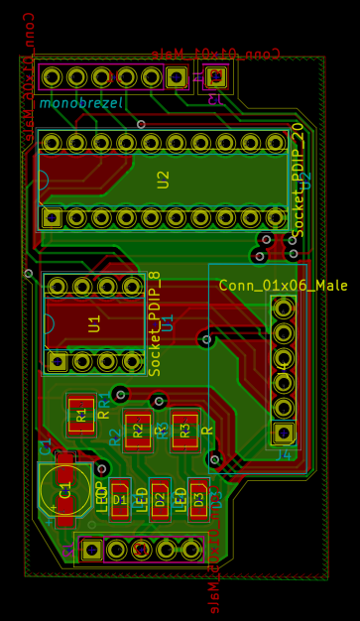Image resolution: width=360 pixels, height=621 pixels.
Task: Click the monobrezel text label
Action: pyautogui.click(x=81, y=102)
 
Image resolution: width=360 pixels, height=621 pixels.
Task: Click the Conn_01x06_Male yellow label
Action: pyautogui.click(x=284, y=286)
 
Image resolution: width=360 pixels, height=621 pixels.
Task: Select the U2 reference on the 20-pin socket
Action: pyautogui.click(x=164, y=180)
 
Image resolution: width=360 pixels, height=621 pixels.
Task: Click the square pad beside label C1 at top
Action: pyautogui.click(x=217, y=76)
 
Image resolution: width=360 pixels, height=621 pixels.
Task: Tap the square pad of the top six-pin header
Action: pyautogui.click(x=177, y=77)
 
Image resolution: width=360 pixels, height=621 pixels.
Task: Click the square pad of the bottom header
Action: pyautogui.click(x=91, y=549)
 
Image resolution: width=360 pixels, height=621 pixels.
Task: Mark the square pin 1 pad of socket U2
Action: pyautogui.click(x=52, y=217)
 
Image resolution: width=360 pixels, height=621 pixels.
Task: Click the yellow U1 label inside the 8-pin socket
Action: pyautogui.click(x=94, y=323)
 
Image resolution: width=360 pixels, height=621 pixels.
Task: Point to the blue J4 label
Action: pyautogui.click(x=284, y=454)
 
